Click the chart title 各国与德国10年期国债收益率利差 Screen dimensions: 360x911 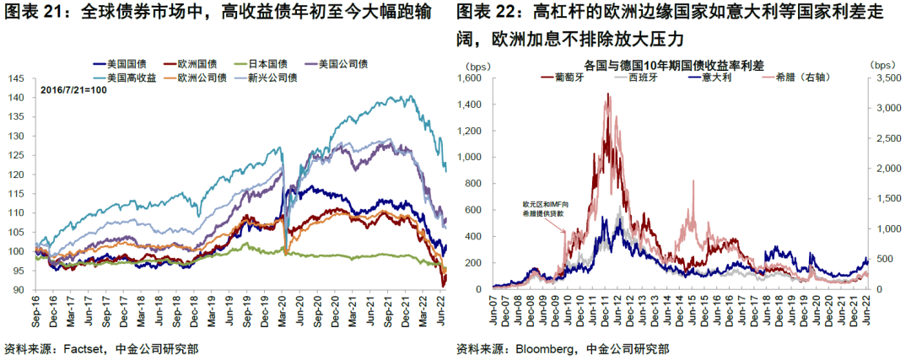pyautogui.click(x=666, y=64)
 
